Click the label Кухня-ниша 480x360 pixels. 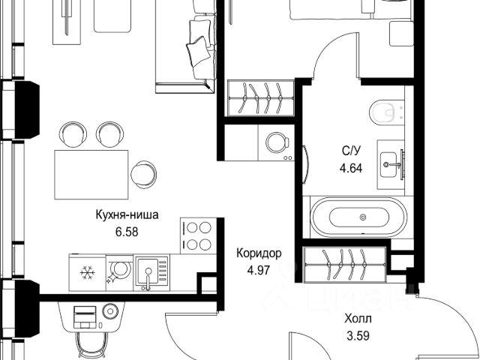pyautogui.click(x=127, y=215)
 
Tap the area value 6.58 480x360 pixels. pyautogui.click(x=127, y=232)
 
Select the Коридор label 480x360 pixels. pyautogui.click(x=259, y=253)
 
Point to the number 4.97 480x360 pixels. pyautogui.click(x=259, y=271)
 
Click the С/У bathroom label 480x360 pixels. pyautogui.click(x=352, y=150)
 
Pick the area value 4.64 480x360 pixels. pyautogui.click(x=351, y=168)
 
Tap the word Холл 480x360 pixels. pyautogui.click(x=358, y=319)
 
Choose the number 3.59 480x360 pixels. pyautogui.click(x=358, y=336)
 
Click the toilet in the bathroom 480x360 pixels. pyautogui.click(x=387, y=112)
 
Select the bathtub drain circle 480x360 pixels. pyautogui.click(x=363, y=217)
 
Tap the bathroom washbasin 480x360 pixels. pyautogui.click(x=391, y=164)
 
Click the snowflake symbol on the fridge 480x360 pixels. pyautogui.click(x=87, y=272)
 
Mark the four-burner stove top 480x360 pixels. pyautogui.click(x=199, y=235)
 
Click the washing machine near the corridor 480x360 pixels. pyautogui.click(x=277, y=142)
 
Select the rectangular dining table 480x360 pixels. pyautogui.click(x=91, y=175)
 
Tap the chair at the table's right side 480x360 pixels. pyautogui.click(x=143, y=175)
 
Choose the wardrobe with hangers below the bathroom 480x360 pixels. pyautogui.click(x=344, y=265)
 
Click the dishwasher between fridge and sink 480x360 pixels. pyautogui.click(x=120, y=272)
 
